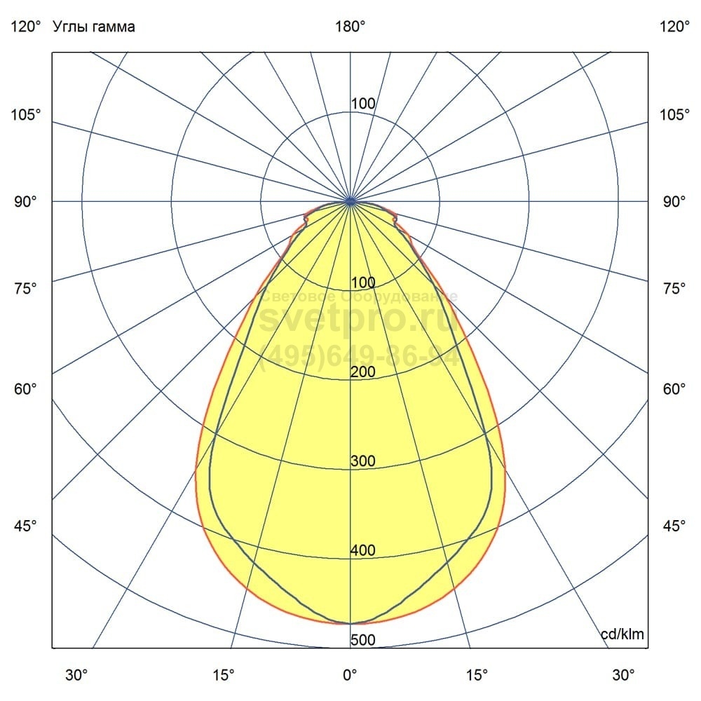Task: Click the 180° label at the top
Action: (x=350, y=27)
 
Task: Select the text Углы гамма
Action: (x=94, y=27)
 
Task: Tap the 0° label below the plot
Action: (x=350, y=675)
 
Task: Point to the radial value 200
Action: (x=363, y=372)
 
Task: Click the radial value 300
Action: (x=363, y=461)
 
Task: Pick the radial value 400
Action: (x=363, y=551)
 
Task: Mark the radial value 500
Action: (x=363, y=640)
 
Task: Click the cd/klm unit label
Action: (x=622, y=635)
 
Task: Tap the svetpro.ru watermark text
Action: (x=359, y=321)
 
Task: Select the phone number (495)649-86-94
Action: (x=359, y=357)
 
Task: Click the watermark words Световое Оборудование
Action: (x=359, y=297)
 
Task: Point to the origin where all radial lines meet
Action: (x=350, y=201)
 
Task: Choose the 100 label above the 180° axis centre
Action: (x=363, y=104)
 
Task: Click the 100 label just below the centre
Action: (x=363, y=283)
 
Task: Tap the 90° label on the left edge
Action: (x=25, y=202)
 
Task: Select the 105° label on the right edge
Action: (x=674, y=114)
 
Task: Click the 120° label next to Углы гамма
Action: (x=25, y=27)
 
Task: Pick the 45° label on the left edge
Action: (x=25, y=526)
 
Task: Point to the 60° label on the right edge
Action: (x=674, y=389)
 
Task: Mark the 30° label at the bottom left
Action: (x=76, y=675)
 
